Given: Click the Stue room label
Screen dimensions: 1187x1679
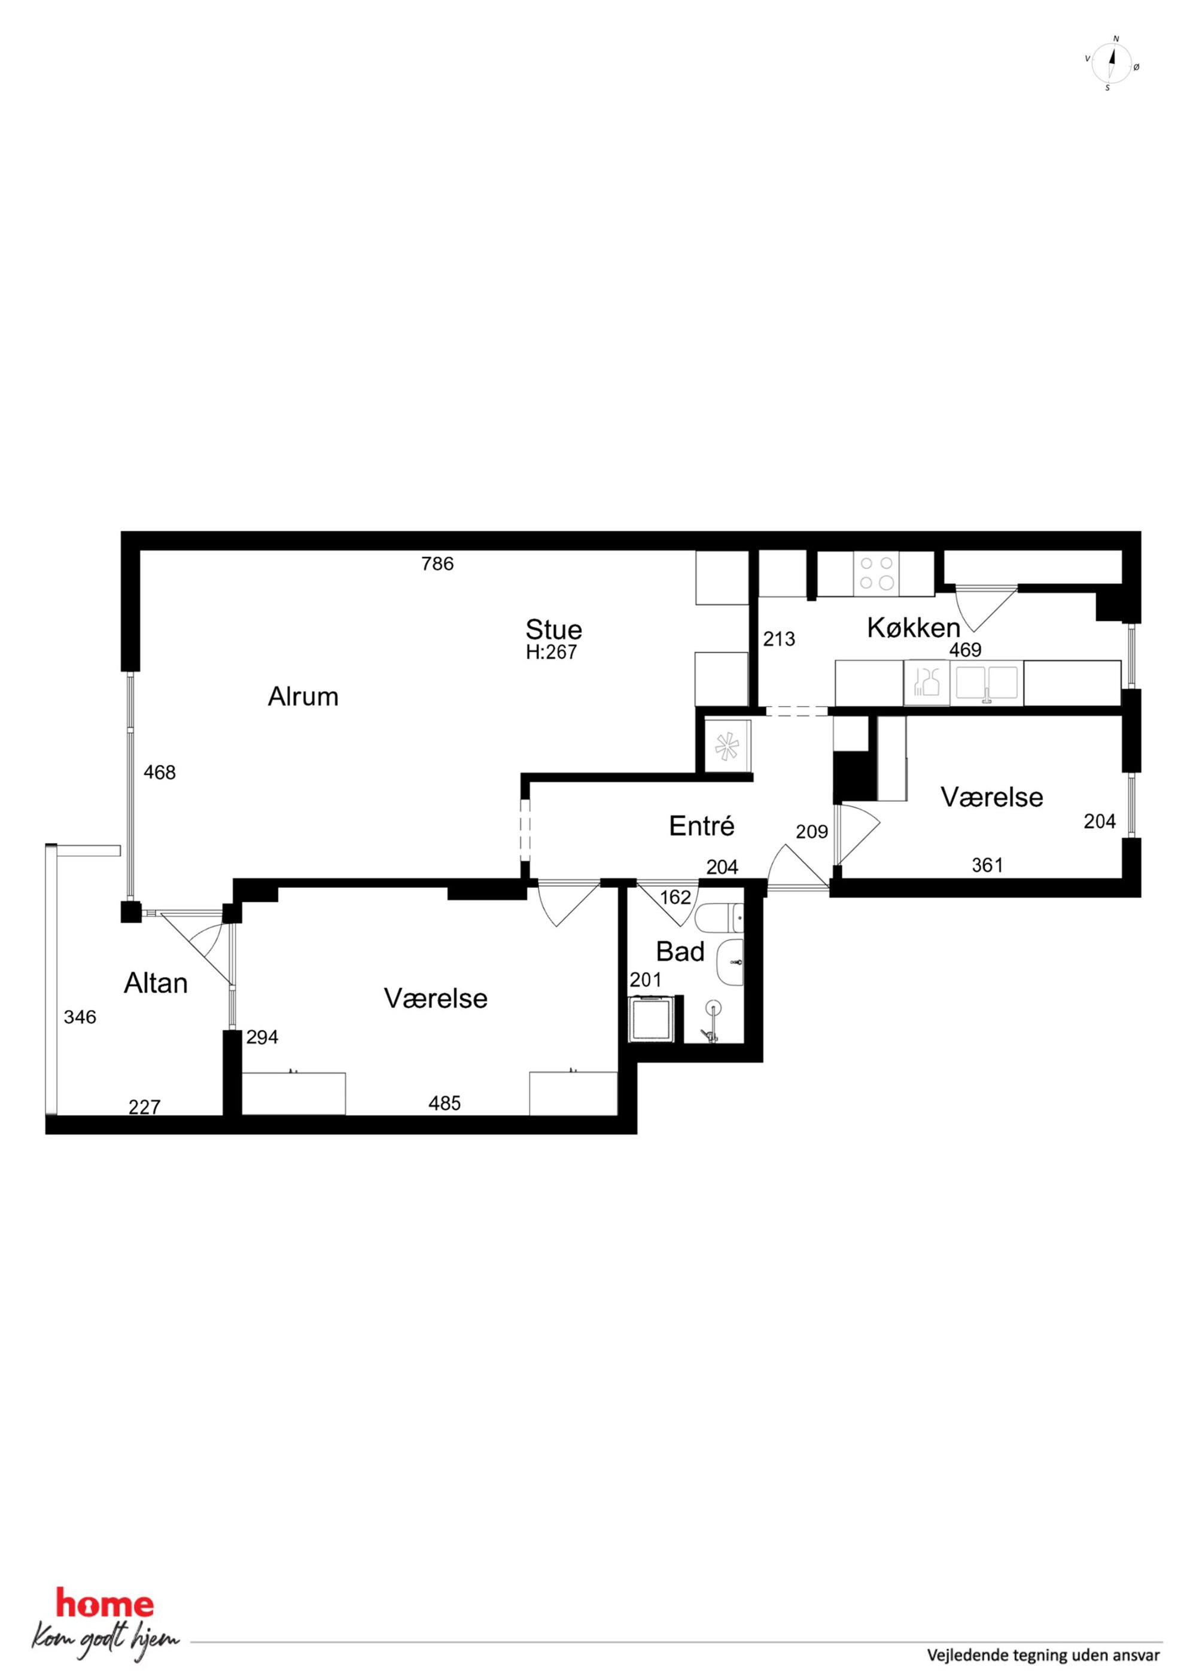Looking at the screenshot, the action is coord(553,629).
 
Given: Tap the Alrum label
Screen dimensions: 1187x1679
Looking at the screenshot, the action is coord(303,696).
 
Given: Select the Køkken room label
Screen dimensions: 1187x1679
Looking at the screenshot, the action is coord(914,628).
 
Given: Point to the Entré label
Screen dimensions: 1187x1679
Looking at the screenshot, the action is coord(701,826).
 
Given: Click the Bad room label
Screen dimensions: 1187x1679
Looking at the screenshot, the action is coord(680,951).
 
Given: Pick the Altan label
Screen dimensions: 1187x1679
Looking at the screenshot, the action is coord(156,983).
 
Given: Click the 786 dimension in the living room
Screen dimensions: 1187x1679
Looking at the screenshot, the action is coord(437,564).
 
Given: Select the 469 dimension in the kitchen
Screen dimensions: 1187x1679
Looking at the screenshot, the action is coord(966,649).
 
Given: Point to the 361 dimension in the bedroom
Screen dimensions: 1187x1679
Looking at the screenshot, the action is coord(987,865).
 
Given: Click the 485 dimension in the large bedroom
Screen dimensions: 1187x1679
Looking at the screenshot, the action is coord(445,1103).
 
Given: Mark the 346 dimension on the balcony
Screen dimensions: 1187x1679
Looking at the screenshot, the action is coord(80,1017).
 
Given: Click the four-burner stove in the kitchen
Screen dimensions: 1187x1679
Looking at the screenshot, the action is coord(876,573).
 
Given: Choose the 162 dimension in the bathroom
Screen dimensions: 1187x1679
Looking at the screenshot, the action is coord(675,898).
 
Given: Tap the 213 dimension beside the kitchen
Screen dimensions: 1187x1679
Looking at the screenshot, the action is coord(779,639).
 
